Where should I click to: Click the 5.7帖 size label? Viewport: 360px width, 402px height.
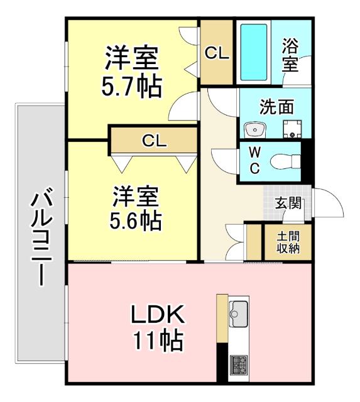(x=131, y=85)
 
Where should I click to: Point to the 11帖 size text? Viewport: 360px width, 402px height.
(x=157, y=340)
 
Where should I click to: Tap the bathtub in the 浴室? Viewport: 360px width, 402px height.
(x=254, y=52)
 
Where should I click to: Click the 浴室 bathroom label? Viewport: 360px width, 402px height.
(x=290, y=55)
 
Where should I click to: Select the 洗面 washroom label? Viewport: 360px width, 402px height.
(x=276, y=107)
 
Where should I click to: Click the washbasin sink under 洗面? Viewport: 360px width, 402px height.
(x=255, y=129)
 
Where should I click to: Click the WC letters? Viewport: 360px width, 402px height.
(x=254, y=161)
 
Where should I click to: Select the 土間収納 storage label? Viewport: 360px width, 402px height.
(x=288, y=242)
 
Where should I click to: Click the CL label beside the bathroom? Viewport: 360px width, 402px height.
(x=217, y=53)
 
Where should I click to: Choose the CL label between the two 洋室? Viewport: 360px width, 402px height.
(x=153, y=141)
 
